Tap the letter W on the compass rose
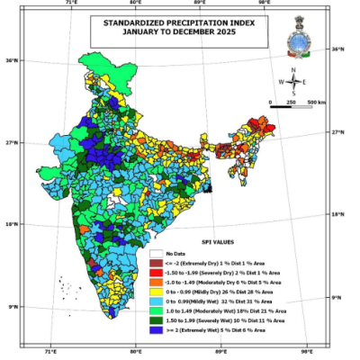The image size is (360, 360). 281,81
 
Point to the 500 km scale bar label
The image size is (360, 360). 317,103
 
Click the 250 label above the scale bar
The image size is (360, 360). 292,103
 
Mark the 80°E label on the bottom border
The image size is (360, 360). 137,353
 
